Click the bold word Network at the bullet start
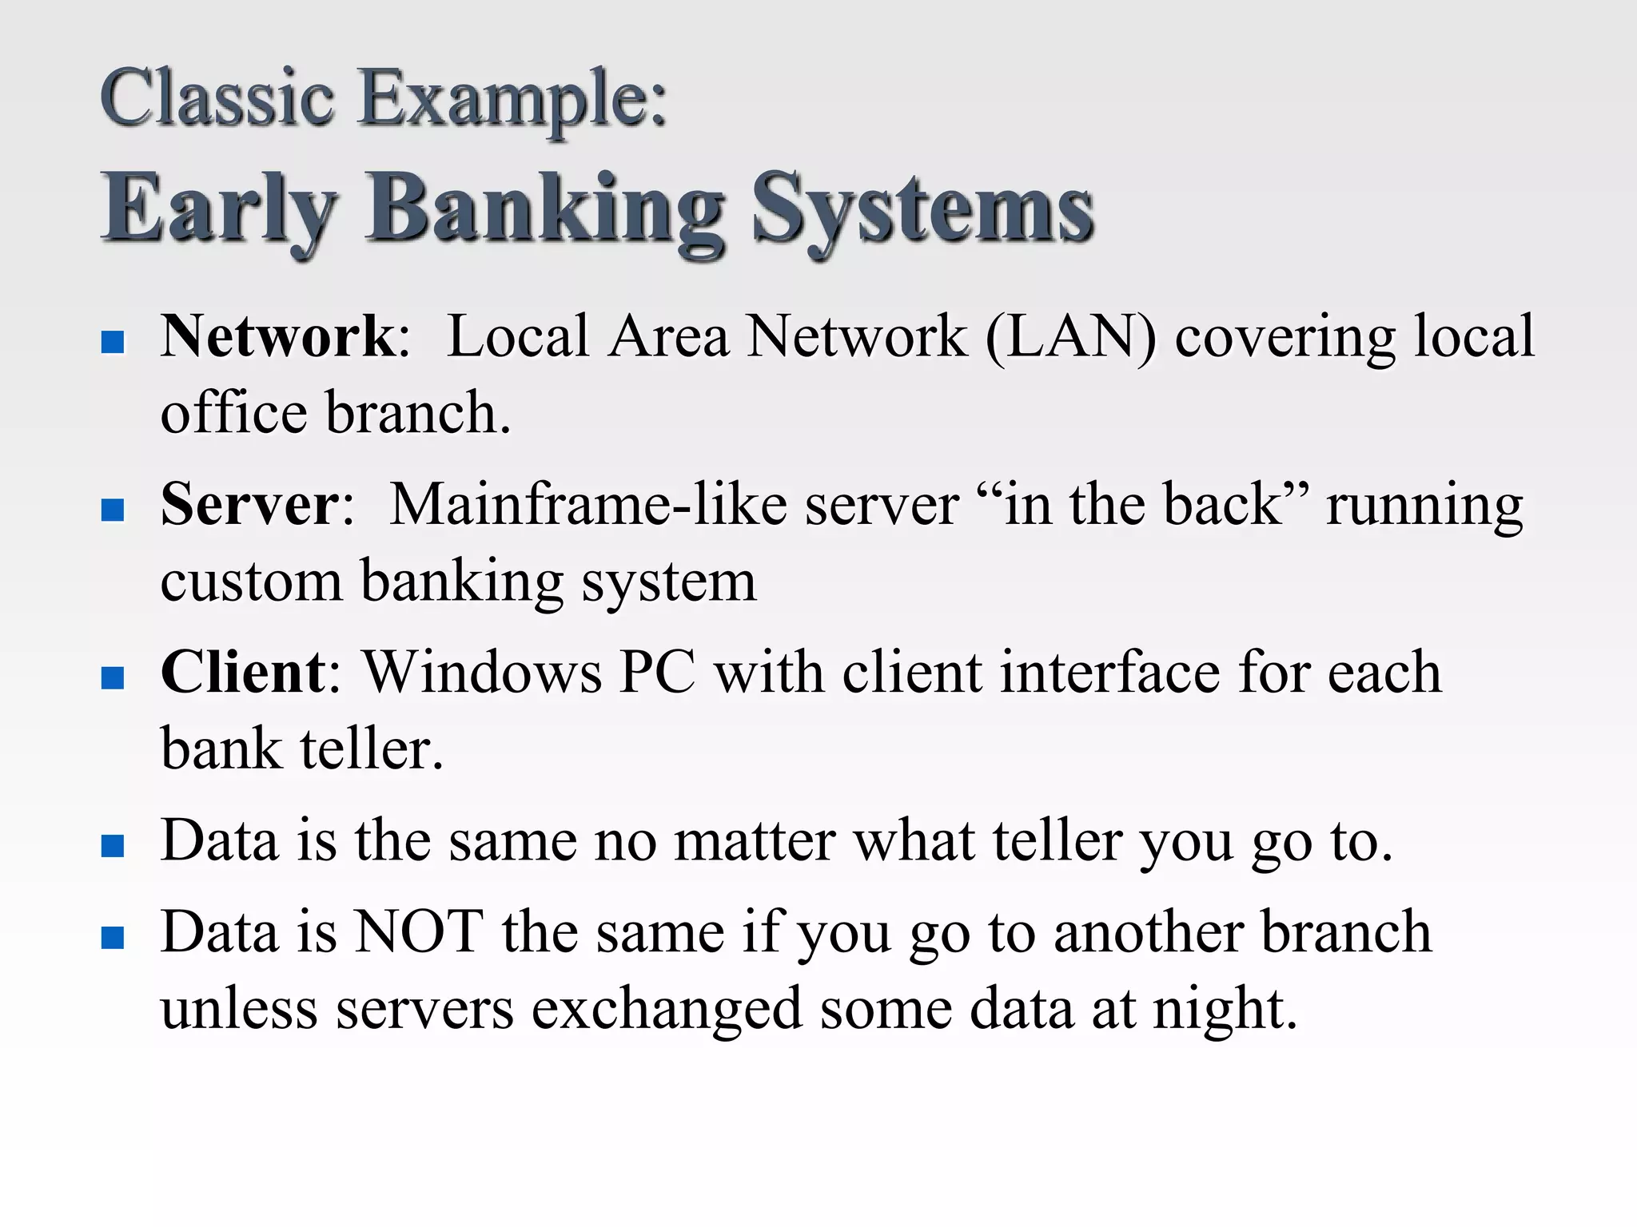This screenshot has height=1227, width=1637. (x=277, y=336)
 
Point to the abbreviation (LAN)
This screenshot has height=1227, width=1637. (x=1070, y=336)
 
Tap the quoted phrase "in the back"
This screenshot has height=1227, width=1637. (x=1143, y=505)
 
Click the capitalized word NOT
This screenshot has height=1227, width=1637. (x=418, y=931)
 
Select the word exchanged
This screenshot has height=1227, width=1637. (x=667, y=1008)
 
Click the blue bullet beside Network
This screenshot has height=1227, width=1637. (x=114, y=343)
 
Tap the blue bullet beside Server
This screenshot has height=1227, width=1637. (x=114, y=510)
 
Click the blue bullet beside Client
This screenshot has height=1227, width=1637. (x=114, y=678)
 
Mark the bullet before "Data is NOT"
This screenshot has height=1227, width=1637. (x=114, y=937)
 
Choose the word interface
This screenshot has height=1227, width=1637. (x=1110, y=673)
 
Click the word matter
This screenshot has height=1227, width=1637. (x=755, y=841)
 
